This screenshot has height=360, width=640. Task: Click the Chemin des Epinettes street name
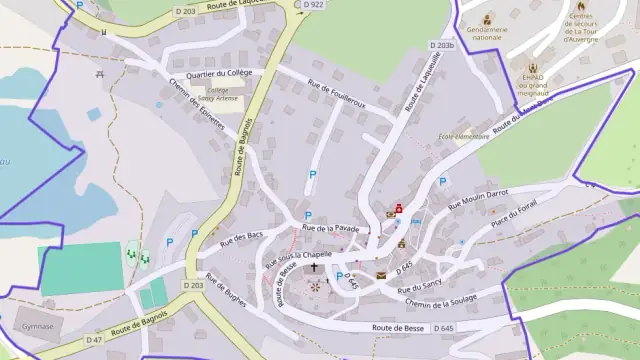pos(197,111)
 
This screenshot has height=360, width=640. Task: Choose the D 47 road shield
pos(94,340)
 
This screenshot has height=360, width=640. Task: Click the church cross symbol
pos(314,267)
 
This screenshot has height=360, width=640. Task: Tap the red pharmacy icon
pos(399,208)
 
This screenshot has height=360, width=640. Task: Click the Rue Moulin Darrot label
pos(477,198)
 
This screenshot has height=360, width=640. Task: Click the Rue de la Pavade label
pos(329,229)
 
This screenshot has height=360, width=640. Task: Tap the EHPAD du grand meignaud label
pos(531,81)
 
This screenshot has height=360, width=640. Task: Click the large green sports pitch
pos(81,268)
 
